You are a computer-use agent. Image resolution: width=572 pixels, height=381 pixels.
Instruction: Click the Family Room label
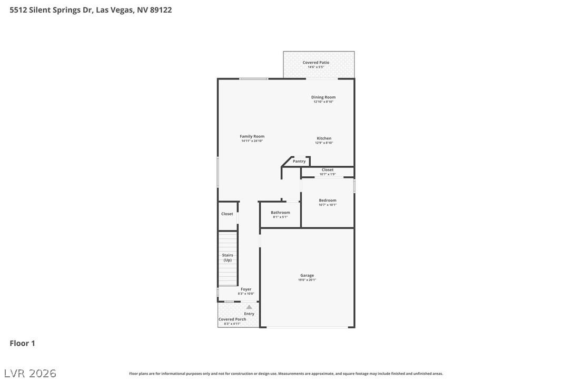pos(252,136)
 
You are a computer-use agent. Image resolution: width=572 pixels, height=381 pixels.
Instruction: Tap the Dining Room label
pos(323,97)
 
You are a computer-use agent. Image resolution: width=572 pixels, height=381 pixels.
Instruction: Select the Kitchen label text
pos(324,138)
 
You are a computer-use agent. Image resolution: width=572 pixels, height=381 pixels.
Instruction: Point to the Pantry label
pos(299,162)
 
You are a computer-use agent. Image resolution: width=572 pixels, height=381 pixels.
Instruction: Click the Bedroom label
pos(327,200)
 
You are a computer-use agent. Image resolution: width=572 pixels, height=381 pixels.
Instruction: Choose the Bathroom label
pos(280,213)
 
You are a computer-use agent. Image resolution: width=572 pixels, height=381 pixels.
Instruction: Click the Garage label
pos(307,276)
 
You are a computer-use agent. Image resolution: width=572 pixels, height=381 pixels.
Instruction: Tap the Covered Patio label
pos(315,63)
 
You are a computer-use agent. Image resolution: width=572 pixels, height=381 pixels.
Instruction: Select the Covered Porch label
pos(232,319)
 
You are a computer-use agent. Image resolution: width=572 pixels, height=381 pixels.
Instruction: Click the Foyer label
pos(246,289)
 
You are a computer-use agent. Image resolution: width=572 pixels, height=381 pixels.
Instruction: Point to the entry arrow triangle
pos(249,307)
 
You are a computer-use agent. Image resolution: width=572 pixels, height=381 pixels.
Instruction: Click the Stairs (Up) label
pos(228,258)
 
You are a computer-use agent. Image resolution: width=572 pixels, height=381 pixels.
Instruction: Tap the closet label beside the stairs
pos(227,214)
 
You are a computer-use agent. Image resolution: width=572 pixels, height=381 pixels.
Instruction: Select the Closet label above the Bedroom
pos(327,170)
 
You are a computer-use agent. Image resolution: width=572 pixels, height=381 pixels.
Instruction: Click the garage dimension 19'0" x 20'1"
pos(307,280)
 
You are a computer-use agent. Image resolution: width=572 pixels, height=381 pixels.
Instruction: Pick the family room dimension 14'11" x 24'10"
pos(252,141)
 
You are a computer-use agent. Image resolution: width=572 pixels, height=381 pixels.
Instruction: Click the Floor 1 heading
pos(22,344)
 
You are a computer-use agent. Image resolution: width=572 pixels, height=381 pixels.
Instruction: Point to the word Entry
pos(249,314)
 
